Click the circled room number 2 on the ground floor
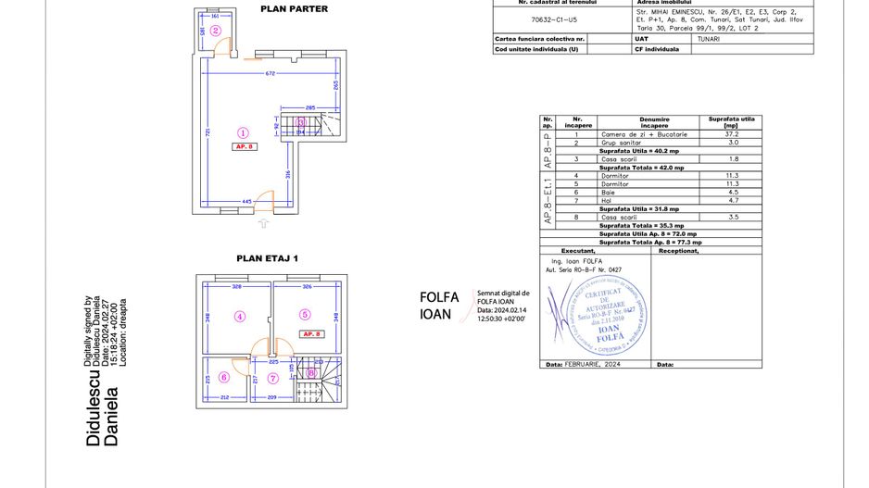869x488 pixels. point(216,30)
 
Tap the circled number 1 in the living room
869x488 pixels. point(244,132)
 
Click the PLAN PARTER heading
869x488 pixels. point(294,9)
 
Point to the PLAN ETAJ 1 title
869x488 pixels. point(268,259)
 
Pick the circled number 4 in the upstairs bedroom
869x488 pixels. point(239,316)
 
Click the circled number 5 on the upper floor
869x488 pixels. point(304,314)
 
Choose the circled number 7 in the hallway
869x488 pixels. point(272,378)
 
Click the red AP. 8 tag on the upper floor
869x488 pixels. point(310,333)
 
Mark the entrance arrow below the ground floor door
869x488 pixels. point(263,223)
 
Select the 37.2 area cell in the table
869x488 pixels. point(730,134)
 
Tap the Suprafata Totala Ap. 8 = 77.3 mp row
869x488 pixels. point(649,242)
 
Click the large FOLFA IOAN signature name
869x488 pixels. point(440,306)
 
